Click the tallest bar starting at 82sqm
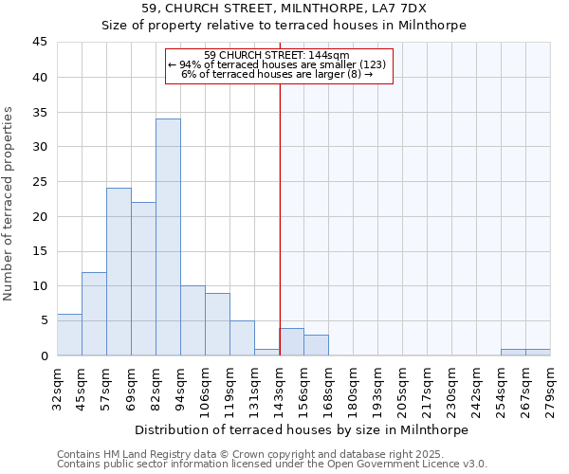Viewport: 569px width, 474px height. pyautogui.click(x=168, y=237)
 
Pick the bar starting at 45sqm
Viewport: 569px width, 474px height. pyautogui.click(x=94, y=314)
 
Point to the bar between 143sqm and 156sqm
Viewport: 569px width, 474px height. pyautogui.click(x=292, y=342)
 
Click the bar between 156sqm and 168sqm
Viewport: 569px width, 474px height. pyautogui.click(x=316, y=345)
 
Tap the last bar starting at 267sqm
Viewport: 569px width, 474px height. pyautogui.click(x=538, y=353)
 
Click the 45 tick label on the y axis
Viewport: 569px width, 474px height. pyautogui.click(x=40, y=43)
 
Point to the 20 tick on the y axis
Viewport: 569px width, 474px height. pyautogui.click(x=40, y=216)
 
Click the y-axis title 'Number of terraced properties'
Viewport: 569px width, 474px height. pyautogui.click(x=9, y=204)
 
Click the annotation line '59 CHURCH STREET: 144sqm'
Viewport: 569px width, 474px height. pyautogui.click(x=278, y=55)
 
